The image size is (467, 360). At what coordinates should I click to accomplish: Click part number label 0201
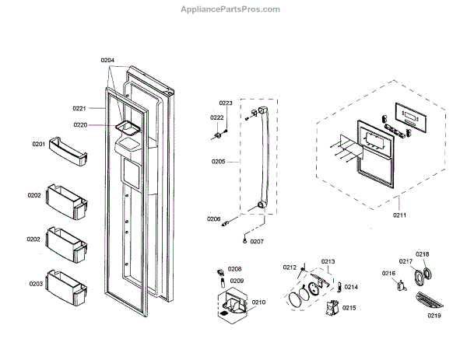[x=38, y=144]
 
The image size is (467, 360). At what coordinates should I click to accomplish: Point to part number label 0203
[x=36, y=284]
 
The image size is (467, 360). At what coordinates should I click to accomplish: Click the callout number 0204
[x=107, y=60]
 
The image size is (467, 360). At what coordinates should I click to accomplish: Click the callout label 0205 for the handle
[x=218, y=162]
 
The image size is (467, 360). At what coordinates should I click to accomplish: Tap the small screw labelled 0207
[x=246, y=240]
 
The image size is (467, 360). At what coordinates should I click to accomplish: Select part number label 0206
[x=213, y=218]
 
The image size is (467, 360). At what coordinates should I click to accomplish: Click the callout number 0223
[x=226, y=103]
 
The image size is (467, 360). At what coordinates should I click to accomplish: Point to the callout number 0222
[x=217, y=117]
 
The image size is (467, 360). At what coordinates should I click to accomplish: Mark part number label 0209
[x=237, y=281]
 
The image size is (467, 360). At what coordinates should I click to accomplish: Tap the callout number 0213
[x=328, y=261]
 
